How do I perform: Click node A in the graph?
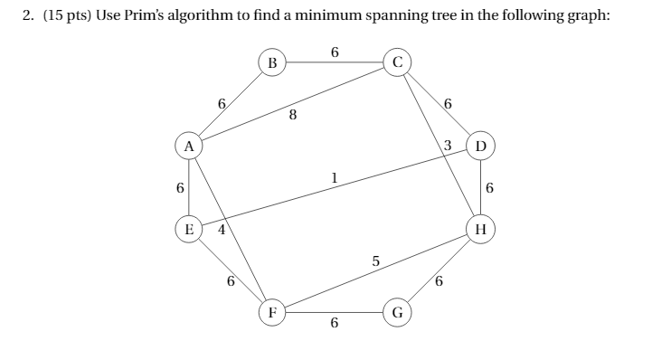tap(188, 145)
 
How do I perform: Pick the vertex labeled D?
tap(480, 145)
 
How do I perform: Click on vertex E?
tap(188, 229)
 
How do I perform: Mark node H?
tap(480, 229)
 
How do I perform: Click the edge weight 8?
tap(292, 115)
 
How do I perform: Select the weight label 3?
tap(447, 146)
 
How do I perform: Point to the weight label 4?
tap(220, 230)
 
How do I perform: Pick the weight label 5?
tap(375, 262)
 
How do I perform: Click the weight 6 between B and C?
tap(335, 52)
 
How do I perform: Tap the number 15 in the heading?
tap(52, 18)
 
